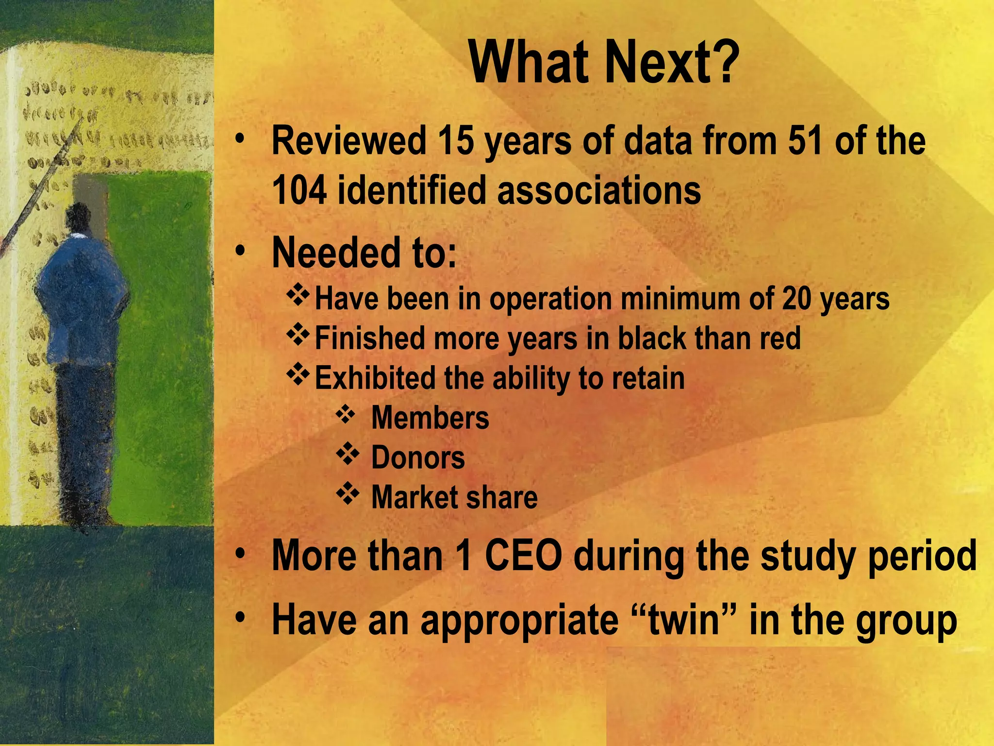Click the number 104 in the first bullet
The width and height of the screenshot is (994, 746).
(x=298, y=190)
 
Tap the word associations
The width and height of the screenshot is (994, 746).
(x=599, y=190)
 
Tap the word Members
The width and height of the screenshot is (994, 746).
(x=430, y=418)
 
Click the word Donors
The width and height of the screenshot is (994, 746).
(x=418, y=458)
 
